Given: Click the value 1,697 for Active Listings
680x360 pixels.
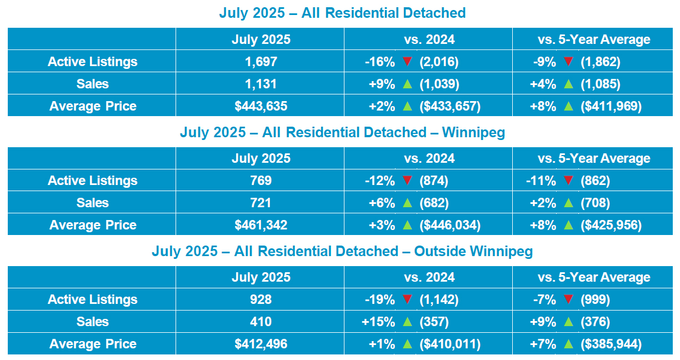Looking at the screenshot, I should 261,62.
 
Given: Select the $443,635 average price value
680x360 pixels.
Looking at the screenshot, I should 261,106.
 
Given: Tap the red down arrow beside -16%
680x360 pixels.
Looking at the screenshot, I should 407,62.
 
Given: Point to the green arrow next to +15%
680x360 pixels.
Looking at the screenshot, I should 407,322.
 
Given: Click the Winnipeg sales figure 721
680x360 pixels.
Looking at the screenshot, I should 261,203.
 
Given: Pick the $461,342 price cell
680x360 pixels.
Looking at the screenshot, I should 261,225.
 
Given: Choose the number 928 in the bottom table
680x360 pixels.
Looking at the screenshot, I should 261,299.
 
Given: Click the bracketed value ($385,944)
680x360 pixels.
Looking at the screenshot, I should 611,344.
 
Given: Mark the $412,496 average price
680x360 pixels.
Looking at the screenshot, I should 261,344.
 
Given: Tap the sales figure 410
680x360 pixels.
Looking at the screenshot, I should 261,322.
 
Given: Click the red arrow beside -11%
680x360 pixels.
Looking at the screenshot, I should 568,181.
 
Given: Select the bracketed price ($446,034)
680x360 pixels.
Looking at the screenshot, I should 450,225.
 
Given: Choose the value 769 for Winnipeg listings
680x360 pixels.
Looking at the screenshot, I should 261,181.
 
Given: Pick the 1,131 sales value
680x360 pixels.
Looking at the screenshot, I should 261,84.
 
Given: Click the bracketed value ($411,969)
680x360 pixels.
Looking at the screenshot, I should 611,106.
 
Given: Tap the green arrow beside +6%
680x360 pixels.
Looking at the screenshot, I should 407,203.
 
